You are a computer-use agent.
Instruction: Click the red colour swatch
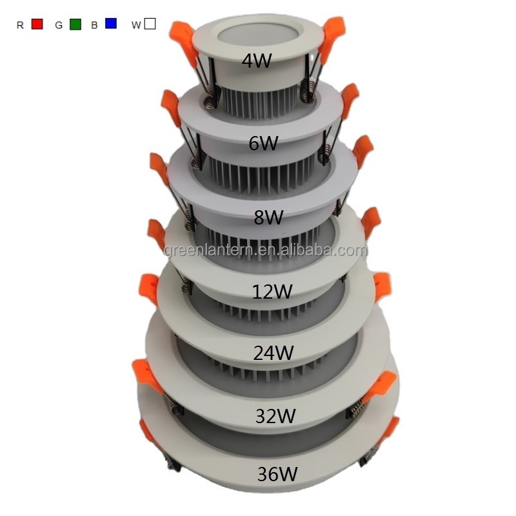pyautogui.click(x=37, y=24)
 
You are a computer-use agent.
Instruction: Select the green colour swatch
pyautogui.click(x=75, y=25)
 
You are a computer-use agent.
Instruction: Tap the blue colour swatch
pyautogui.click(x=111, y=23)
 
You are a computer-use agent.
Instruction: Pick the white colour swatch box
pyautogui.click(x=150, y=24)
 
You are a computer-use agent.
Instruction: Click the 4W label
pyautogui.click(x=257, y=61)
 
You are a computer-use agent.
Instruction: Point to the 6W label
pyautogui.click(x=263, y=143)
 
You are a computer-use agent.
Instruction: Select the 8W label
pyautogui.click(x=268, y=217)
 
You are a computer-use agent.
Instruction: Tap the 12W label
pyautogui.click(x=272, y=292)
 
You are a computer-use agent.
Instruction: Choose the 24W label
pyautogui.click(x=273, y=352)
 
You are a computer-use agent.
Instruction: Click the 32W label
pyautogui.click(x=275, y=415)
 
